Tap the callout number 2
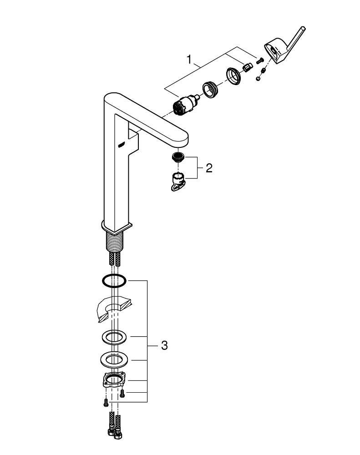tap(209, 169)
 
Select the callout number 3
tap(164, 346)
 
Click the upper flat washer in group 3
tap(113, 338)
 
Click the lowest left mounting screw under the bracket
tap(105, 402)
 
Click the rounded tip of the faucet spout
tap(182, 138)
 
